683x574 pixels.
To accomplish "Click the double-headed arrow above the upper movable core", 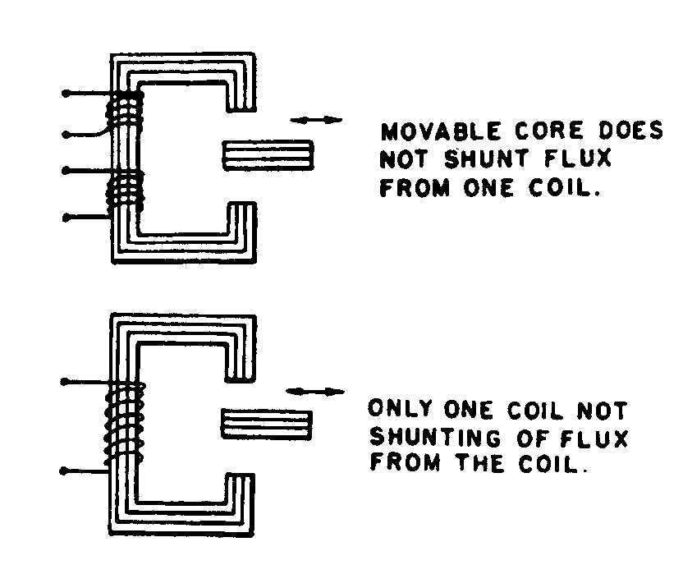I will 317,120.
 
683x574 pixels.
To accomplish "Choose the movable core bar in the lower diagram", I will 267,423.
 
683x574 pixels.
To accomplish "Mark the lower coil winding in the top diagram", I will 126,188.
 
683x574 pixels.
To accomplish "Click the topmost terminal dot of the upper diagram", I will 66,94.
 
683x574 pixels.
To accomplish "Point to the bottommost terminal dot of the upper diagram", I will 66,218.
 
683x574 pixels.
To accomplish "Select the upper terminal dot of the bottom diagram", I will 65,382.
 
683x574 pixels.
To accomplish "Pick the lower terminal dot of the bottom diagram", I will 65,472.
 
